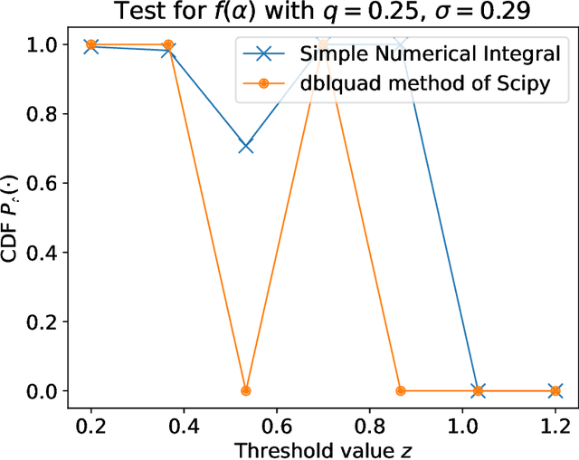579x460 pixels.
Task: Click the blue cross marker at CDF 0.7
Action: point(245,147)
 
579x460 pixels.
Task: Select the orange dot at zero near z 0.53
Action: point(245,391)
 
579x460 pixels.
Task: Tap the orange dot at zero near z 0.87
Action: point(401,391)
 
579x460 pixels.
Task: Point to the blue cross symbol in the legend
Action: point(265,53)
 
